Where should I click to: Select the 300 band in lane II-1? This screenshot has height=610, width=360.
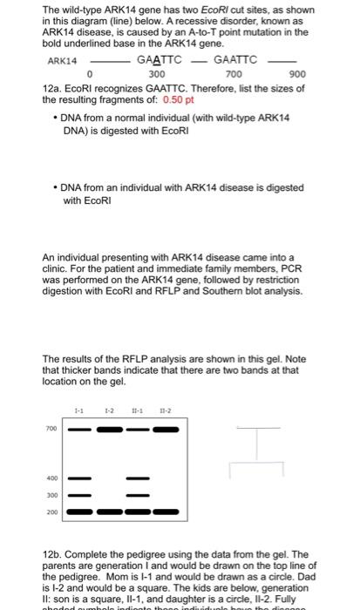137,494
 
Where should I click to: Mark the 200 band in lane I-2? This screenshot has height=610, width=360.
110,512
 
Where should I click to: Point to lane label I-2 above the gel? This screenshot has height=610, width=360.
108,410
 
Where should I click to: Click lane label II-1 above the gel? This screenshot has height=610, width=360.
136,410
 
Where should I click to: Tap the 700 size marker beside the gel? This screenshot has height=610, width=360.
52,429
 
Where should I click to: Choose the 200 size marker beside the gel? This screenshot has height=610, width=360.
52,512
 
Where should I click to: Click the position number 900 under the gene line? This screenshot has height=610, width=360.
297,75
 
